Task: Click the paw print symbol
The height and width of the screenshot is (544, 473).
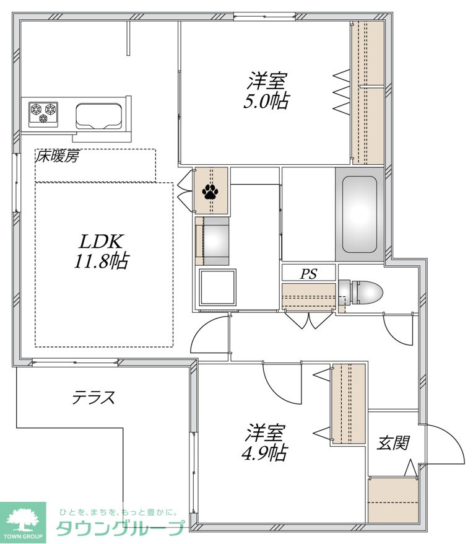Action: (210, 191)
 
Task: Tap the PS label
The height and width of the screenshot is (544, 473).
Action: (308, 274)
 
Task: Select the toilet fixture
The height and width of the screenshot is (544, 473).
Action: (360, 292)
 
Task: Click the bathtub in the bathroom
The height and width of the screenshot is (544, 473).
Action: (360, 214)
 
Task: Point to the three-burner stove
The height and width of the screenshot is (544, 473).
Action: (43, 113)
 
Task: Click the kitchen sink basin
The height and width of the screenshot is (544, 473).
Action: (99, 115)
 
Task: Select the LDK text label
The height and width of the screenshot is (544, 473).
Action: (101, 242)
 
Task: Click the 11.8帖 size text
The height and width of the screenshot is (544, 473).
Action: (101, 261)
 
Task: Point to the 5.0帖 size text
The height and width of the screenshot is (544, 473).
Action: (266, 101)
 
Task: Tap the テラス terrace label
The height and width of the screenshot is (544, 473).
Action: (93, 397)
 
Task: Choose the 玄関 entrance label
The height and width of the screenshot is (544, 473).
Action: (393, 442)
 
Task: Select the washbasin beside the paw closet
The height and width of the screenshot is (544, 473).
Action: (212, 241)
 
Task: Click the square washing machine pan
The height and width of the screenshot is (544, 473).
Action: (217, 287)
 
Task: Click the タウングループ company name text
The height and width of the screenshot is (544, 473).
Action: (120, 529)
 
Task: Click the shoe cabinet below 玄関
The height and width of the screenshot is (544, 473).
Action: (393, 499)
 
